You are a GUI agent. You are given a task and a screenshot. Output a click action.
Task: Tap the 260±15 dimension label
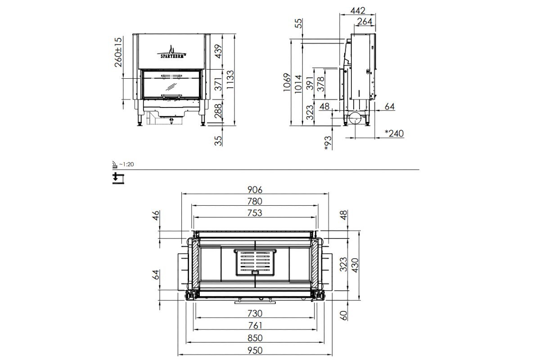(118, 52)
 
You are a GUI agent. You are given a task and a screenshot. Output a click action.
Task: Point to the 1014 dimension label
(299, 82)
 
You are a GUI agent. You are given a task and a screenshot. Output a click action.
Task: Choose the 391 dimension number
(310, 82)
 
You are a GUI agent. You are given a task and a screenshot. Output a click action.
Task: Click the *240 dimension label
(394, 133)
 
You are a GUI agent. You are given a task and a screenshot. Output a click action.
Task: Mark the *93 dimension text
(328, 143)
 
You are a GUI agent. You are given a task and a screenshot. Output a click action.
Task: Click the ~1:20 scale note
(126, 164)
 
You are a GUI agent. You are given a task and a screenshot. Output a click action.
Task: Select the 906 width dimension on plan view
(255, 189)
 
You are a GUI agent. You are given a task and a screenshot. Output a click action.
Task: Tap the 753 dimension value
(255, 213)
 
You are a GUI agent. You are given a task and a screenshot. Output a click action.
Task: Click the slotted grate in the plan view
(255, 261)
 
